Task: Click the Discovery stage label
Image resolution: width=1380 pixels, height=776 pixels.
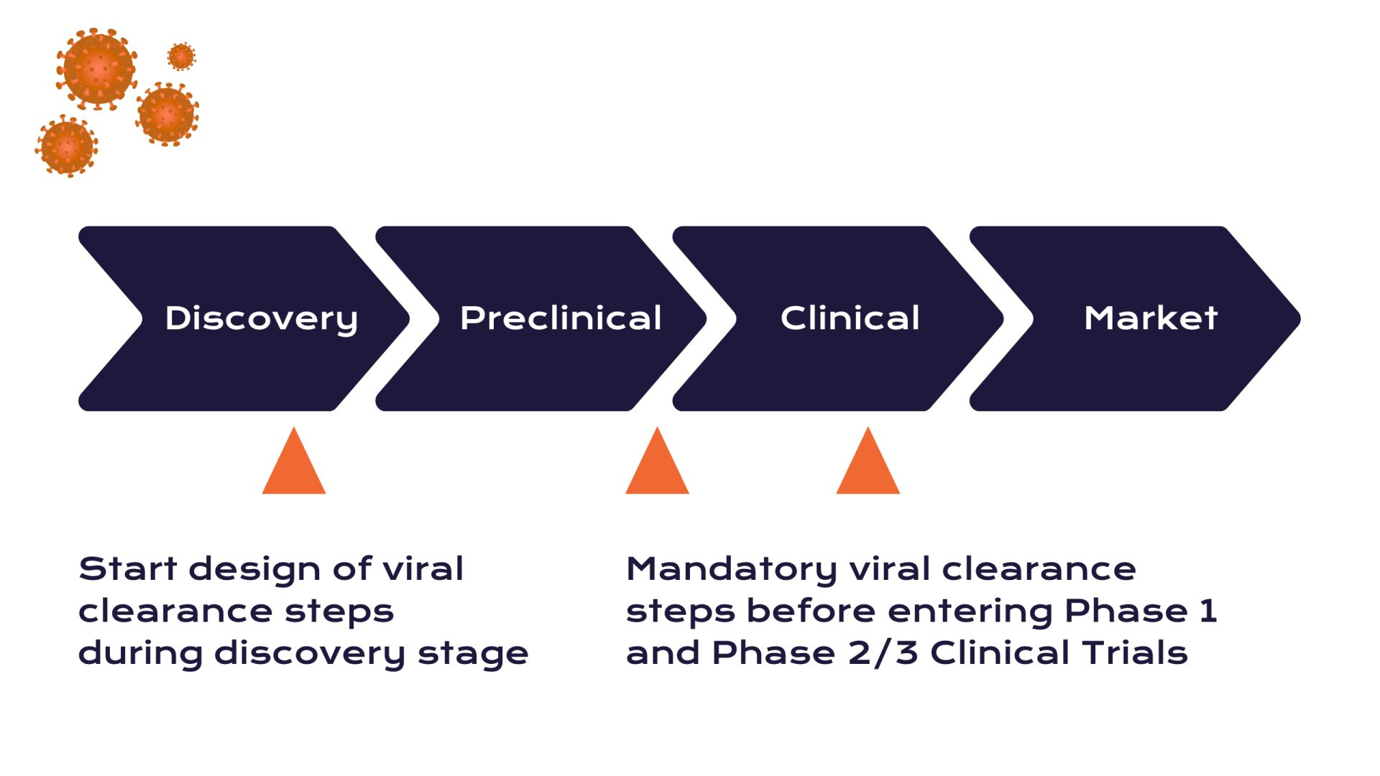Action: point(261,318)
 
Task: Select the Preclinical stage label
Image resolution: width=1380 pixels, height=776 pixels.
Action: point(561,318)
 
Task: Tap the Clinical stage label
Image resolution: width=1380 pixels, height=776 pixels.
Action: point(850,318)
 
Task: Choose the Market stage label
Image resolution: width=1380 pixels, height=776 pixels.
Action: point(1151,318)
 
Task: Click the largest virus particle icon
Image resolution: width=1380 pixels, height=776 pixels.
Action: point(97,69)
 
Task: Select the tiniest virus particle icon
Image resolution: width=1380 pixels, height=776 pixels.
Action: point(181,56)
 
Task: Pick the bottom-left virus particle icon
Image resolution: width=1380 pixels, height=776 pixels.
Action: point(67,146)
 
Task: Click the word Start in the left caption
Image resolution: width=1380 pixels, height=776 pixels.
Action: point(127,569)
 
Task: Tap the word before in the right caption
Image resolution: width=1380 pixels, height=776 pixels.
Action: point(811,611)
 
